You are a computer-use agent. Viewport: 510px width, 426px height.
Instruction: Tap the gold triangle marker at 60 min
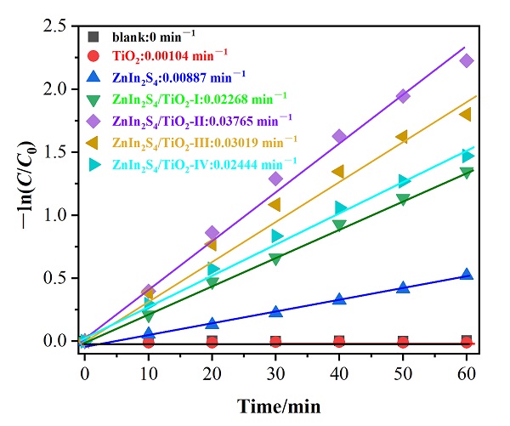pos(466,114)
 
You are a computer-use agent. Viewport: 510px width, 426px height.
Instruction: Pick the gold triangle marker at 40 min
pos(339,172)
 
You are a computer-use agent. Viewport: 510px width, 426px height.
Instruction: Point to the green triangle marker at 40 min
pos(339,225)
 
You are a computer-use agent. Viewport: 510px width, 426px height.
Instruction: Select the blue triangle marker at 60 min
pos(466,275)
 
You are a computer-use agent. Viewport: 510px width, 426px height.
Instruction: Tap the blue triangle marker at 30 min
pos(275,311)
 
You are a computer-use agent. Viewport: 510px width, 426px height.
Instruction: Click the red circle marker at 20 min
pos(212,342)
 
